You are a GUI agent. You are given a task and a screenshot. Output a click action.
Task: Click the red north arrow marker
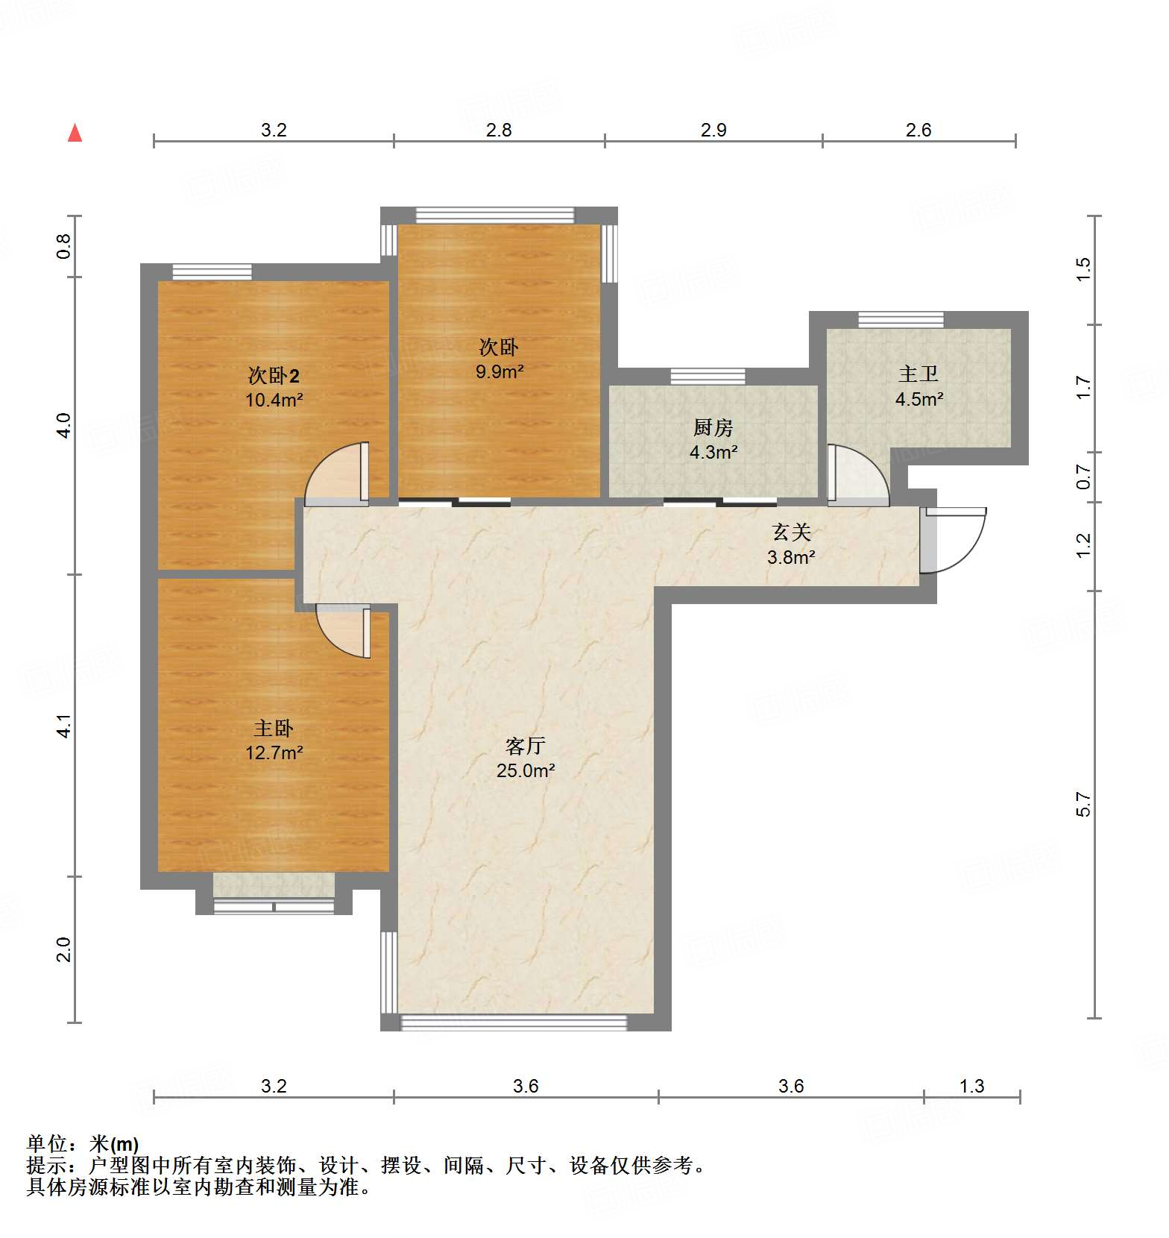(75, 133)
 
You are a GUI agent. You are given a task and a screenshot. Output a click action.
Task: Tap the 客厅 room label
(526, 745)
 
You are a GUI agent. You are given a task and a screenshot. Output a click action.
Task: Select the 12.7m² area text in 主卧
(274, 752)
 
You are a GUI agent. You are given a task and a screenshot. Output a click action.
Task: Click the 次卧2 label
(274, 375)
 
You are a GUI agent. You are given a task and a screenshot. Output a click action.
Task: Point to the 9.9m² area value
(500, 371)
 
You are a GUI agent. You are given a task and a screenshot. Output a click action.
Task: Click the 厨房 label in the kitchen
(713, 427)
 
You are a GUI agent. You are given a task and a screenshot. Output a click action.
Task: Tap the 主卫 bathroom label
(918, 374)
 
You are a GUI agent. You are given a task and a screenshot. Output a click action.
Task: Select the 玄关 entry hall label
(791, 532)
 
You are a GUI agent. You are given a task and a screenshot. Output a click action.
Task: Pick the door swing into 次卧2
(338, 474)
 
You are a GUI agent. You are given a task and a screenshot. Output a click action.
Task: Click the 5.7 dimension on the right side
(1083, 805)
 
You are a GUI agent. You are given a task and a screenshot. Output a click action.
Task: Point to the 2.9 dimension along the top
(713, 130)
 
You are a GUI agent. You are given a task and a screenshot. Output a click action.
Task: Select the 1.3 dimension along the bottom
(971, 1086)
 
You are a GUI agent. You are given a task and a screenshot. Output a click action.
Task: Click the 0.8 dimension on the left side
(63, 246)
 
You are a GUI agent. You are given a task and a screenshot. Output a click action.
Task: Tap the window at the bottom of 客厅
(514, 1022)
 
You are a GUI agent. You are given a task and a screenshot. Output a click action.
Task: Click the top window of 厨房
(708, 376)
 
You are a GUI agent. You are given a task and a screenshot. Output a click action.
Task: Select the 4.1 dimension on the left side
(64, 726)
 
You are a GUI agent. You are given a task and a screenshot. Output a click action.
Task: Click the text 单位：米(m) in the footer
(83, 1143)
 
